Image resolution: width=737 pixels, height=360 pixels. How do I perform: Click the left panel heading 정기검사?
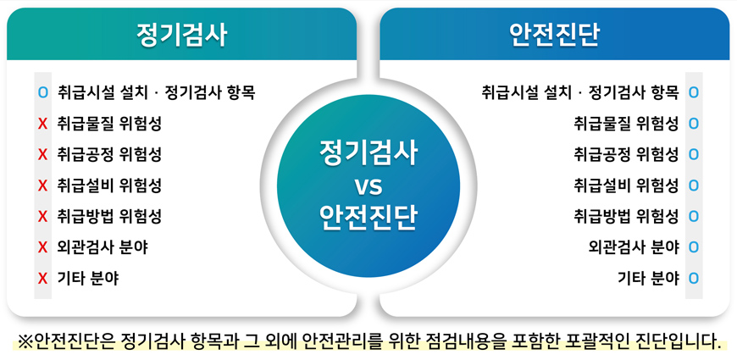click(181, 36)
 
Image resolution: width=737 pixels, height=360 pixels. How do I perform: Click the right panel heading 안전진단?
click(555, 36)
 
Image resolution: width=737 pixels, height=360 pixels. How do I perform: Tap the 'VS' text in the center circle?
click(368, 187)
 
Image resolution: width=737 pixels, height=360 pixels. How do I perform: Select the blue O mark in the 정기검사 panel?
click(42, 92)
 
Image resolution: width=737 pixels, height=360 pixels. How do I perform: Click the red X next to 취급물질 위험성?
click(42, 124)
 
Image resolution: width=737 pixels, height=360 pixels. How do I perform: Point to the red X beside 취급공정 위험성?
click(42, 155)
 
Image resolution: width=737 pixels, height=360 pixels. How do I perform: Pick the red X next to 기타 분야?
click(42, 278)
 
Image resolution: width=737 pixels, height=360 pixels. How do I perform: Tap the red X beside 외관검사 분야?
click(42, 247)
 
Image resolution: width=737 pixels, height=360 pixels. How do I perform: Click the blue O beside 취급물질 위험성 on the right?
click(693, 124)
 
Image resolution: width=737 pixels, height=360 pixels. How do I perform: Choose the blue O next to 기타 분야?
click(693, 278)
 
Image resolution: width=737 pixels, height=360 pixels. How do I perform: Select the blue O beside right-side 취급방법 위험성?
click(693, 216)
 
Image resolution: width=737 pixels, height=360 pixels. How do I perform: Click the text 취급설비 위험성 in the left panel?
click(109, 186)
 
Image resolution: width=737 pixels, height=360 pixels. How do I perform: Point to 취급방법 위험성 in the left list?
click(109, 216)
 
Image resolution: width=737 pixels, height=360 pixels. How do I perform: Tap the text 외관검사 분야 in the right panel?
click(634, 247)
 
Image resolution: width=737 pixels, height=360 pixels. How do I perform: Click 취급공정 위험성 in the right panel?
click(627, 155)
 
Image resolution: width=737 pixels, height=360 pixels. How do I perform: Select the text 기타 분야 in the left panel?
click(88, 278)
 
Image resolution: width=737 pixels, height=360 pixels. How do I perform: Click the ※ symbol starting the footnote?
click(25, 341)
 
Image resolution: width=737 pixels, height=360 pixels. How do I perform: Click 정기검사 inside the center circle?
click(368, 154)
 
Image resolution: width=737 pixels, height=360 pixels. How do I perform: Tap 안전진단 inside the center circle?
click(368, 218)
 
